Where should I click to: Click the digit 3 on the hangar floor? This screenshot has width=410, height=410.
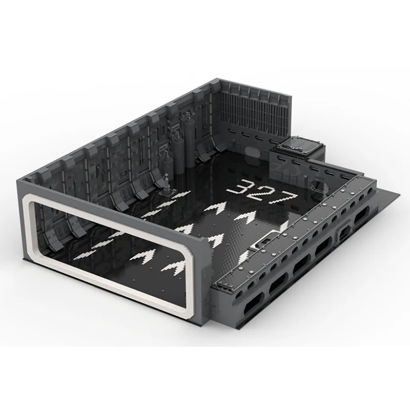pos(239,187)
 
